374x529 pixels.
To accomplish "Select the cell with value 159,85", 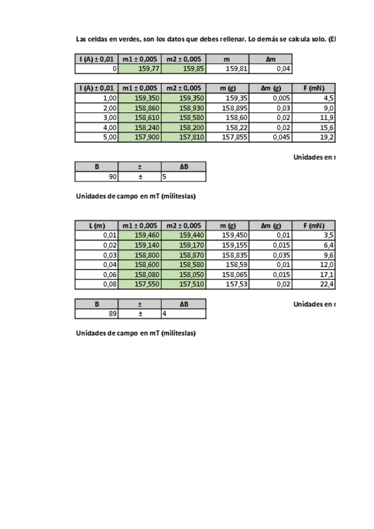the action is tap(184, 69).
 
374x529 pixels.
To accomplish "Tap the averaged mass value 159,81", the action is tap(227, 69).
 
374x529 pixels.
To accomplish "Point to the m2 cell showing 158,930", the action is tap(184, 108).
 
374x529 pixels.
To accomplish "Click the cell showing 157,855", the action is tap(227, 137).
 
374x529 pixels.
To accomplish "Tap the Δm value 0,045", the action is tap(271, 137).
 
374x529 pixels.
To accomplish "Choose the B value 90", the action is tap(96, 177).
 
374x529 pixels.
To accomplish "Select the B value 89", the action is tap(96, 314).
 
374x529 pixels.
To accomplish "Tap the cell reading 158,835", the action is tap(227, 255).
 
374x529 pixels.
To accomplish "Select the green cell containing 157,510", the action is tap(184, 284).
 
